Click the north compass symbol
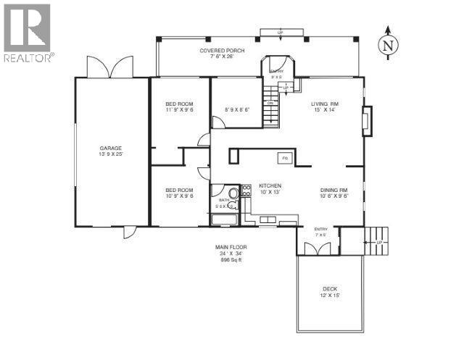[389, 44]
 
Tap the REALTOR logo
[27, 33]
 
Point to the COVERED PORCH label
[223, 51]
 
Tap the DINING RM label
[335, 191]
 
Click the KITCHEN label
[270, 186]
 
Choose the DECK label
[330, 290]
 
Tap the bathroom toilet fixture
[236, 193]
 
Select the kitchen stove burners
[246, 193]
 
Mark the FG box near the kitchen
[285, 158]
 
